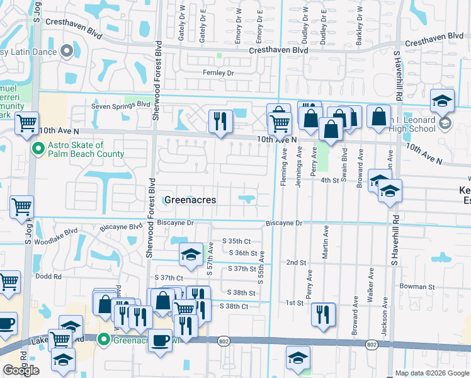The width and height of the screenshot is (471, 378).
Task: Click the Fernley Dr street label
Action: (x=218, y=73)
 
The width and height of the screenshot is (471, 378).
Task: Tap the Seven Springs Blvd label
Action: (x=121, y=105)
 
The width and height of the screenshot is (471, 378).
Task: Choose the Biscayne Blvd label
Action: (x=128, y=227)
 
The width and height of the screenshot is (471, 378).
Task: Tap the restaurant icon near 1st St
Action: (x=323, y=314)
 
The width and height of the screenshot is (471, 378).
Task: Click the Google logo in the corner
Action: (x=21, y=370)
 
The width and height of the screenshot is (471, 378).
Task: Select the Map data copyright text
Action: (x=432, y=374)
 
